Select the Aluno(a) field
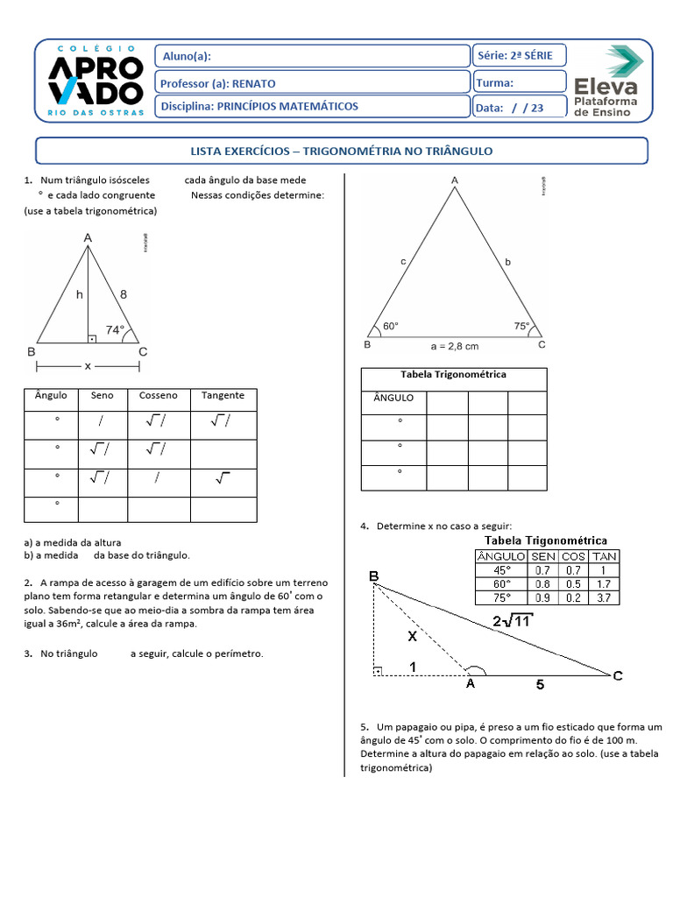coord(312,57)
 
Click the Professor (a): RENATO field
coord(312,83)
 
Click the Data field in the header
coord(520,108)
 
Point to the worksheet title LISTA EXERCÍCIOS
coord(341,151)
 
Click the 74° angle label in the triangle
coord(116,330)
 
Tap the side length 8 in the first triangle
coord(124,295)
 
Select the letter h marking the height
coord(79,295)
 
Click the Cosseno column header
coord(158,396)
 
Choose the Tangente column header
coord(223,396)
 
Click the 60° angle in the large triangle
coord(391,326)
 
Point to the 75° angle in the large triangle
coord(522,325)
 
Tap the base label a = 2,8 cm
coord(455,345)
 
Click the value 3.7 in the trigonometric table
coord(605,597)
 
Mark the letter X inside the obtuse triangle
coord(411,638)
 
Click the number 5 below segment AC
coord(540,685)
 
